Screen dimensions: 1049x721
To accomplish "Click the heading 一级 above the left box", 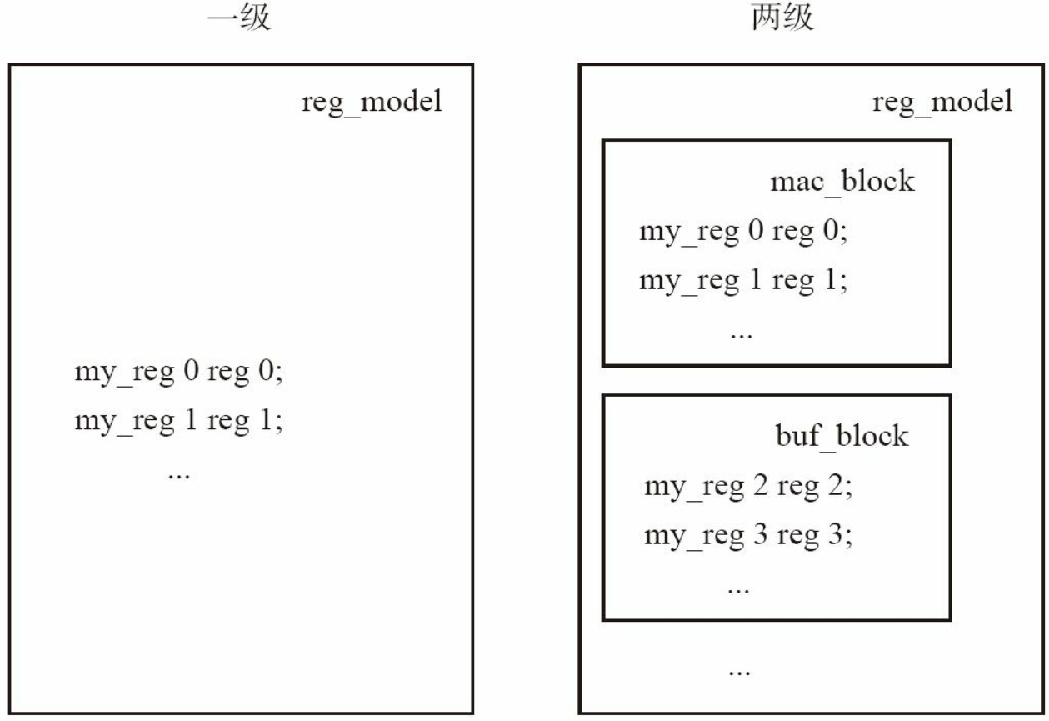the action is tap(239, 18).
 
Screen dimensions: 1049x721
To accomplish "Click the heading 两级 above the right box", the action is tap(782, 18).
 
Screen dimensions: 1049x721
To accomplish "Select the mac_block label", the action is tap(842, 182).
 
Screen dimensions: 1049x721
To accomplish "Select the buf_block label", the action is tap(842, 437).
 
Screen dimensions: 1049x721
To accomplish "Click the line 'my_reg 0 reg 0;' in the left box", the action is tap(178, 373).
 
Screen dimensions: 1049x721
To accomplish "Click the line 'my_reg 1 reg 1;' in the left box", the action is tap(178, 421).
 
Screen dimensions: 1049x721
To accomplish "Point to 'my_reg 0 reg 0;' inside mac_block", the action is tap(743, 232).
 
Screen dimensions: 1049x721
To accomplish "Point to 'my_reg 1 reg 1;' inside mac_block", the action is tap(743, 282).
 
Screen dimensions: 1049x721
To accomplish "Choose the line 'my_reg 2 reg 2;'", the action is tap(748, 487).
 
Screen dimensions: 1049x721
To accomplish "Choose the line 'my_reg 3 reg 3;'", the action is tap(748, 536).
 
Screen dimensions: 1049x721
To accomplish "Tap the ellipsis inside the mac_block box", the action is tap(742, 335).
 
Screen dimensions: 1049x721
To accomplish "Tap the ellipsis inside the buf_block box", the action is tap(738, 590).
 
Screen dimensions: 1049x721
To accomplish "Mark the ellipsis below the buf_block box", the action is tap(739, 673).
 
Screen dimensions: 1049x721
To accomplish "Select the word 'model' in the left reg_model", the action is tap(402, 101).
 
